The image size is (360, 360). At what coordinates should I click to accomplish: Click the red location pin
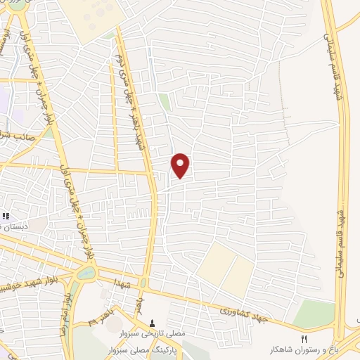click(181, 165)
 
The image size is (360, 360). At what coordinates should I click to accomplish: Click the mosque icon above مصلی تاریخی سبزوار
click(153, 323)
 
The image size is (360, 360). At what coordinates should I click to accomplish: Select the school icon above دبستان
click(6, 217)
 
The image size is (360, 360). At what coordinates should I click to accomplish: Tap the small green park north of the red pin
click(165, 103)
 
